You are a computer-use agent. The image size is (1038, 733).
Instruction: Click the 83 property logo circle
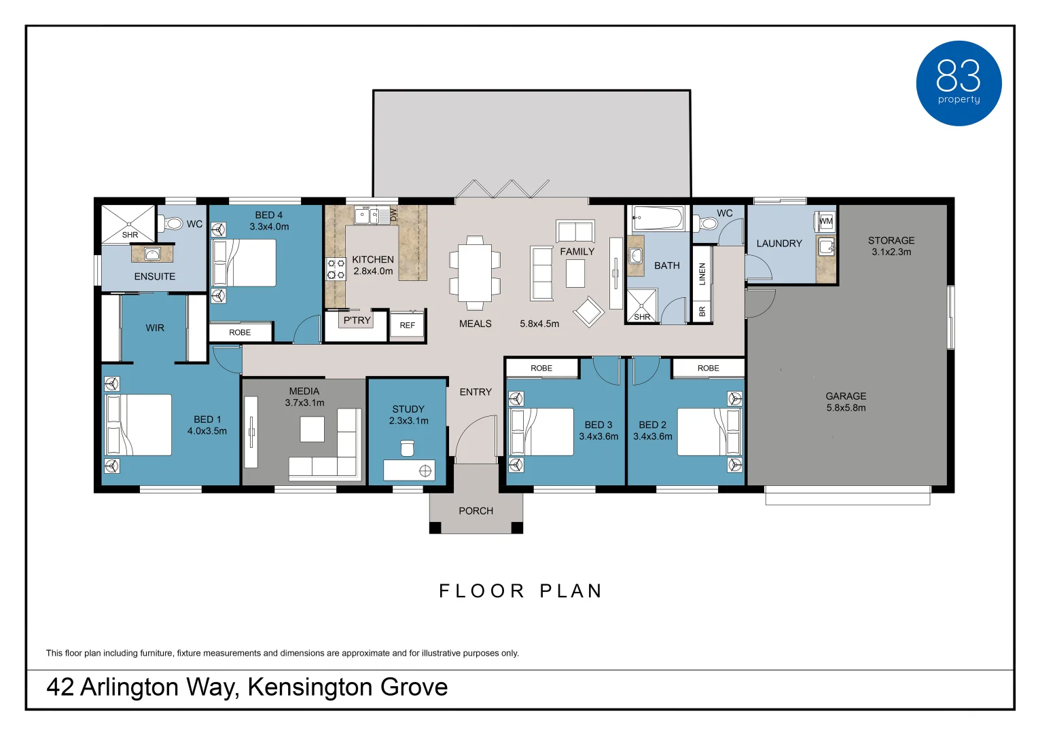click(x=959, y=83)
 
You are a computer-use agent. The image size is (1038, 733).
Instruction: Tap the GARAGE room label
click(x=846, y=396)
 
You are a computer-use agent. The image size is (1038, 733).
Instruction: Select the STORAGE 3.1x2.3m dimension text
click(x=891, y=252)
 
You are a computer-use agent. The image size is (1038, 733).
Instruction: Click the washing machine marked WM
click(x=825, y=221)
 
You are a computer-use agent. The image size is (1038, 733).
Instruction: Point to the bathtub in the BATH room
click(x=658, y=219)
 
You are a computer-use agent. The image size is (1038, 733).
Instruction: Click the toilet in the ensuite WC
click(x=173, y=223)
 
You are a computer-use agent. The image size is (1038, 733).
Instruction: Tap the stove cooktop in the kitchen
click(x=336, y=269)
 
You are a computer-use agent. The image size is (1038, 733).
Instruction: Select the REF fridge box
click(x=408, y=325)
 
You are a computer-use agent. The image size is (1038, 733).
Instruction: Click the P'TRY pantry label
click(x=357, y=320)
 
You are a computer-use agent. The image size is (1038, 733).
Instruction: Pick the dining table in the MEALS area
click(x=475, y=269)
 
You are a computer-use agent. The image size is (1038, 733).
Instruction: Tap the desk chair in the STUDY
click(x=407, y=448)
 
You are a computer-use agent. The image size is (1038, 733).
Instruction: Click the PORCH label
click(x=476, y=511)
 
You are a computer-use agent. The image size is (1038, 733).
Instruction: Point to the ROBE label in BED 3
click(x=541, y=368)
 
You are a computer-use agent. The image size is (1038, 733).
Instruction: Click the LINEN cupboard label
click(x=702, y=274)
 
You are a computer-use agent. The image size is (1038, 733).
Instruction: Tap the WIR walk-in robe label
click(x=155, y=328)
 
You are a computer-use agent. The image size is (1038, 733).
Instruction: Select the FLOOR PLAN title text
click(x=520, y=591)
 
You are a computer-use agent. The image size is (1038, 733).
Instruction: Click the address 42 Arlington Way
click(x=247, y=687)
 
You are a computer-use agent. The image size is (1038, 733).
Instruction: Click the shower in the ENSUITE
click(x=128, y=224)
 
